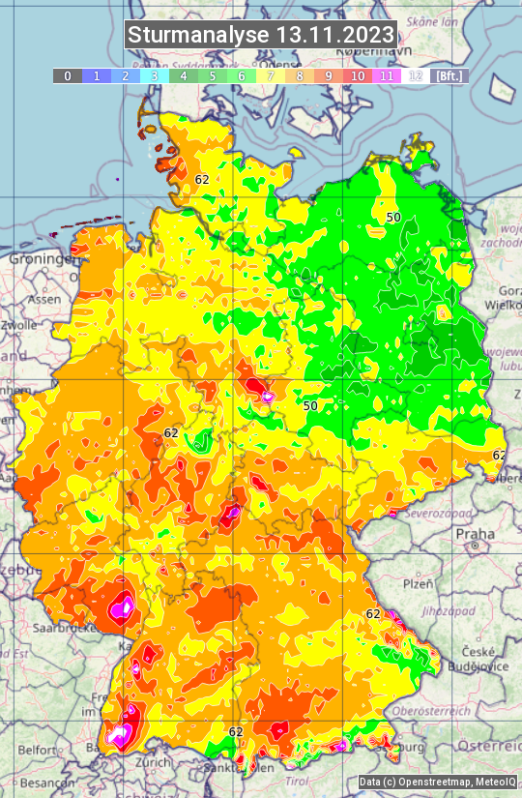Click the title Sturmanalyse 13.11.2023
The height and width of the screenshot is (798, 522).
[x=261, y=35]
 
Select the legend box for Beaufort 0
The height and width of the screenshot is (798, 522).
[x=67, y=75]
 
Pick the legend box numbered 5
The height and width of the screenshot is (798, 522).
[x=213, y=75]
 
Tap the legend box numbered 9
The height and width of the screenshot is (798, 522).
[x=329, y=75]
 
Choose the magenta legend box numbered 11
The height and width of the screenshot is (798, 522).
[x=387, y=75]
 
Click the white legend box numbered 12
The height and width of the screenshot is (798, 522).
[x=416, y=75]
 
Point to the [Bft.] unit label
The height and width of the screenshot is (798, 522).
[x=449, y=75]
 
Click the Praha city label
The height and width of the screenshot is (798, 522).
[x=475, y=534]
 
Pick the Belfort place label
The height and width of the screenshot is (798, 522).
[x=38, y=749]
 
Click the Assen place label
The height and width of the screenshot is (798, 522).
[x=43, y=300]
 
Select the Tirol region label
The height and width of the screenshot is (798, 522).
[x=298, y=780]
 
